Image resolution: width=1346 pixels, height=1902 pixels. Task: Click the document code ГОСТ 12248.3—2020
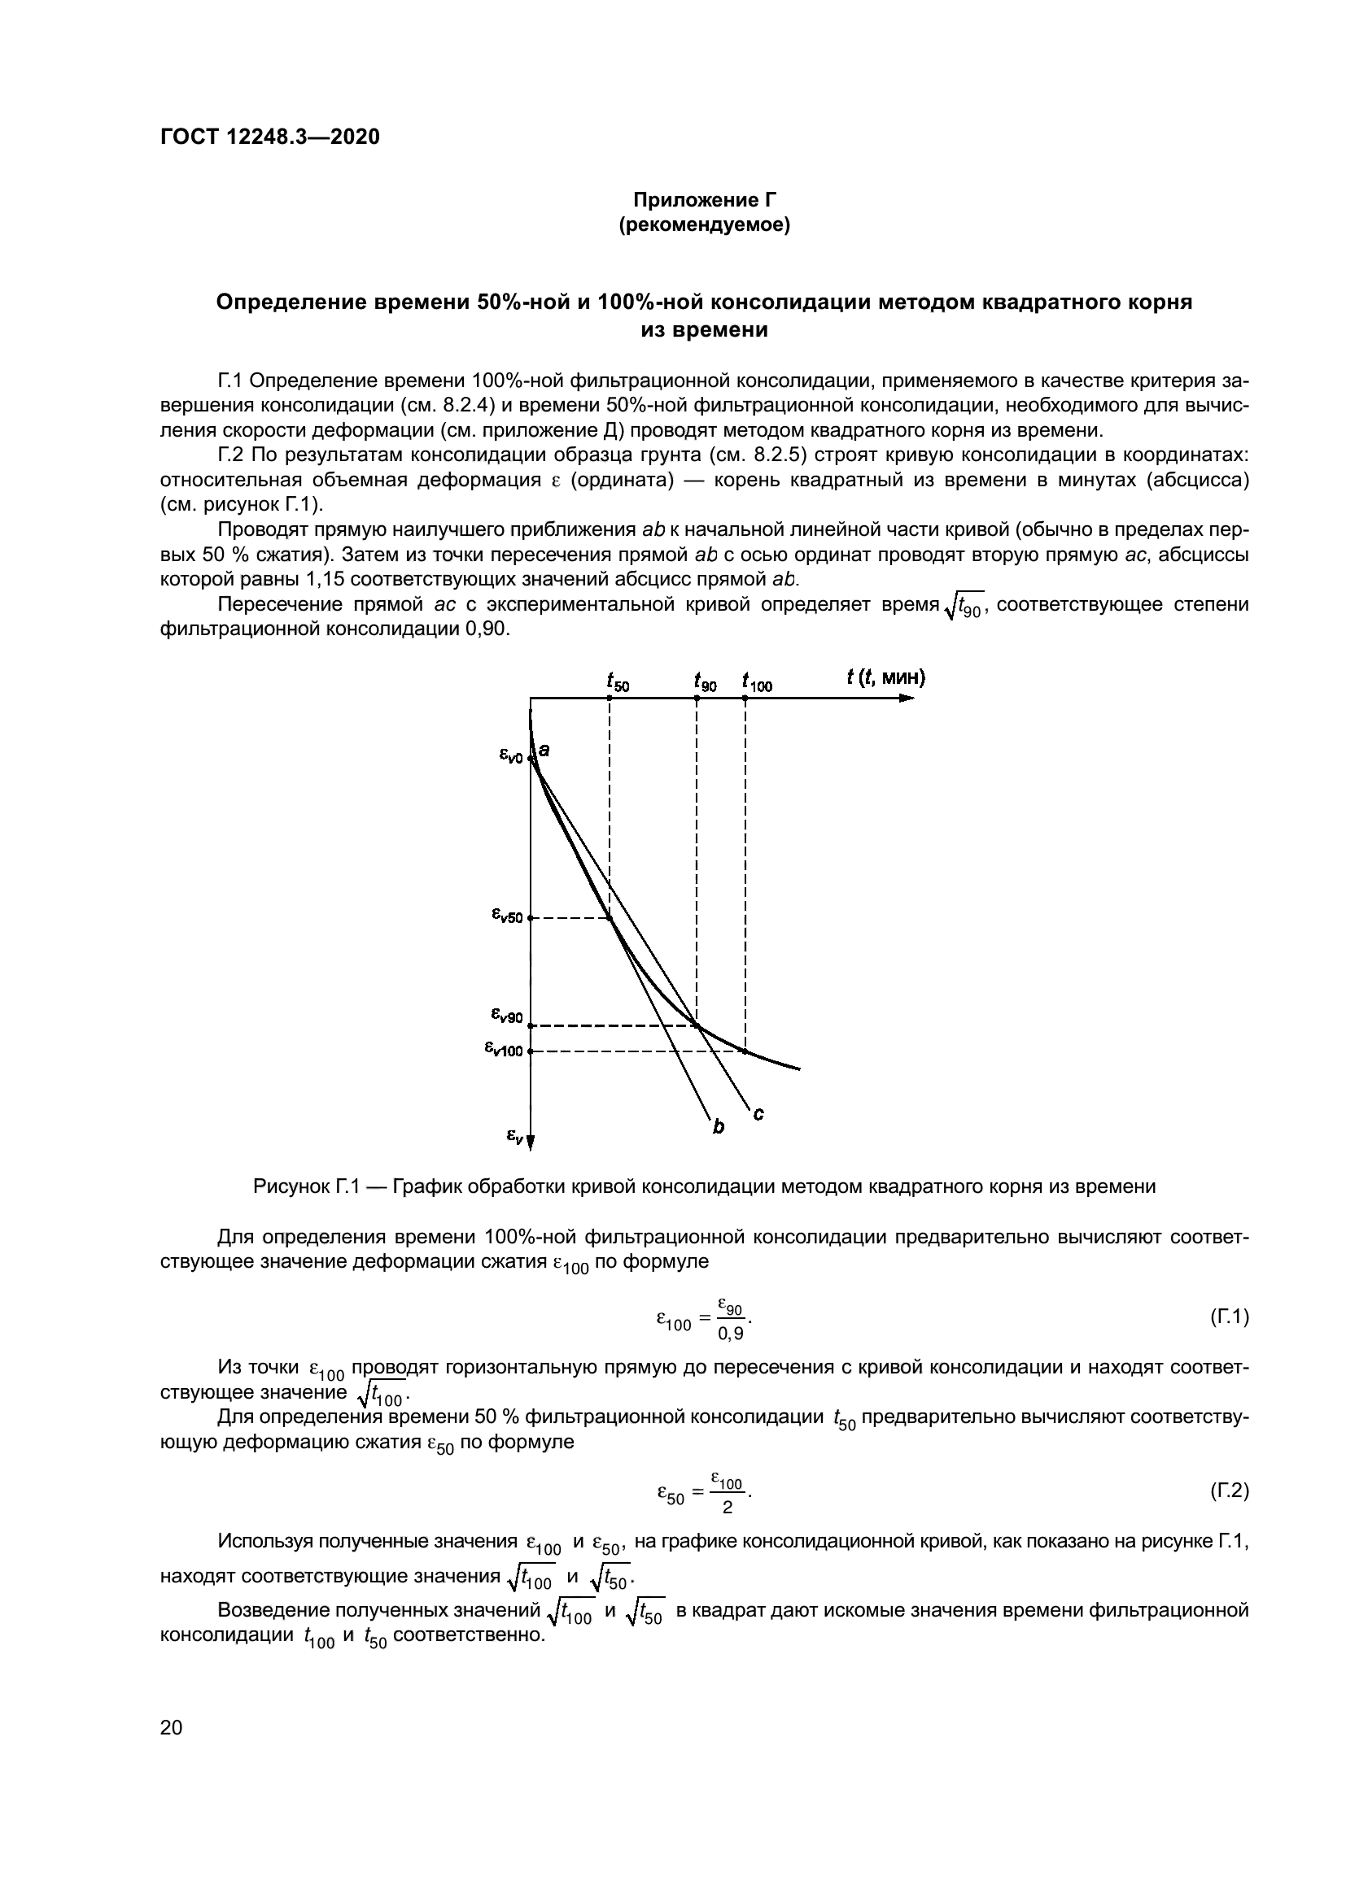[269, 137]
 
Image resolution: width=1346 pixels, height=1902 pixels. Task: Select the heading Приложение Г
[704, 200]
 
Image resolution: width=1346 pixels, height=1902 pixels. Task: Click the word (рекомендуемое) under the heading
[704, 224]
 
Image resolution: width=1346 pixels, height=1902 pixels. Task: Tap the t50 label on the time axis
[618, 682]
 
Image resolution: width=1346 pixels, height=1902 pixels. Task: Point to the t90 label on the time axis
[706, 682]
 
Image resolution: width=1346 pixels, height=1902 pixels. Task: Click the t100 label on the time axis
[756, 682]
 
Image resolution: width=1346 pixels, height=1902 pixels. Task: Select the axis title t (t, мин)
[885, 677]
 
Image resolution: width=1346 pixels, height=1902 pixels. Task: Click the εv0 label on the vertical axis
[510, 755]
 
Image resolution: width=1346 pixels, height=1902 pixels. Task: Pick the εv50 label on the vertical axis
[506, 916]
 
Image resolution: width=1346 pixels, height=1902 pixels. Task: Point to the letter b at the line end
[718, 1126]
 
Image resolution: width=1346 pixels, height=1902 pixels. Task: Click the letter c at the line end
[758, 1115]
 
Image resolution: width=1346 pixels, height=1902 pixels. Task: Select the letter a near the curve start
[544, 750]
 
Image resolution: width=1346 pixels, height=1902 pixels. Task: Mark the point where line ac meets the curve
[697, 1025]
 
